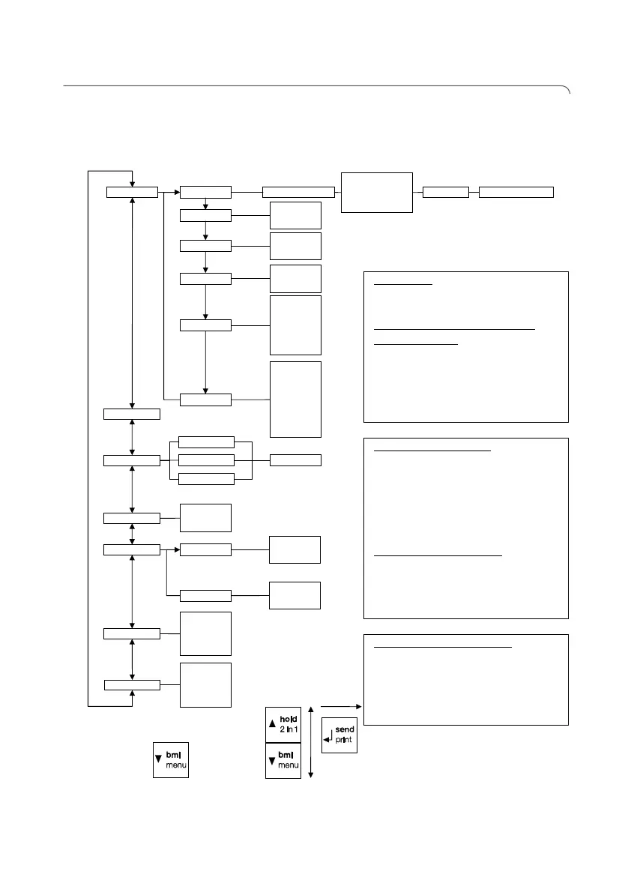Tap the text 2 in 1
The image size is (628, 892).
coord(289,730)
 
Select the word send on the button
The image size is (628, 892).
coord(345,729)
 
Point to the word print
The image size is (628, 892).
coord(345,741)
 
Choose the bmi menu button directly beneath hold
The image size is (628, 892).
coord(283,760)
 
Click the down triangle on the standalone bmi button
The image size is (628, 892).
coord(159,759)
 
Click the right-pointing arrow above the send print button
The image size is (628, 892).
coord(342,705)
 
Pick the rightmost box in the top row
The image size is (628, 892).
coord(516,192)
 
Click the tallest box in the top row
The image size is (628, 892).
coord(377,192)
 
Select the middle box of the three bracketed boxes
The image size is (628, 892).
coord(207,459)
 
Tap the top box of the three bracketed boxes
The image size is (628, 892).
coord(207,442)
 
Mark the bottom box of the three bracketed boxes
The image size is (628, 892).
coord(207,477)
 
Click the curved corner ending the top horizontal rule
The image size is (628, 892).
coord(567,91)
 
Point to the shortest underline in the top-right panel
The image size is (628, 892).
coord(402,286)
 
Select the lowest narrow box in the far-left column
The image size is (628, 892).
coord(132,684)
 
